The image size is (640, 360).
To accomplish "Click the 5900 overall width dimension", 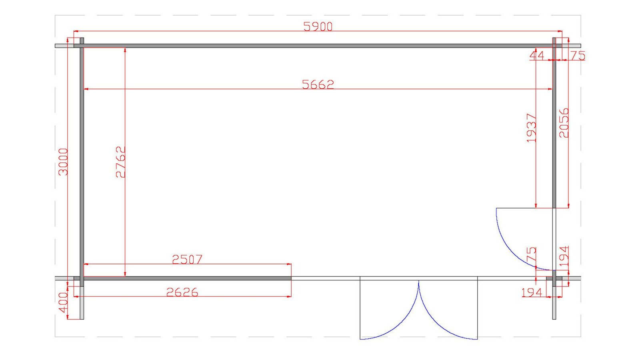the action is pos(318,26).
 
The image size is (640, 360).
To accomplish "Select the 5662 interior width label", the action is pos(318,84).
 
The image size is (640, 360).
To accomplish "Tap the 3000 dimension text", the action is pos(63,162).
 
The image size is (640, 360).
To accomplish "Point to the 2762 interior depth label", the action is pos(120,162).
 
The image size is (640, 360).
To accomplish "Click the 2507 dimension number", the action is pos(187,260).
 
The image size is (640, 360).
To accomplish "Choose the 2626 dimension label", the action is pos(182,292).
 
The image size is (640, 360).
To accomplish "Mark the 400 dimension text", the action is pos(63,302).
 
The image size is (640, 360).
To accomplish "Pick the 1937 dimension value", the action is pos(531,128).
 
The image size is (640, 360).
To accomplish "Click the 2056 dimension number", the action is pos(564,123).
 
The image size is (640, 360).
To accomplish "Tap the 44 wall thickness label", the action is pos(537,56).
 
